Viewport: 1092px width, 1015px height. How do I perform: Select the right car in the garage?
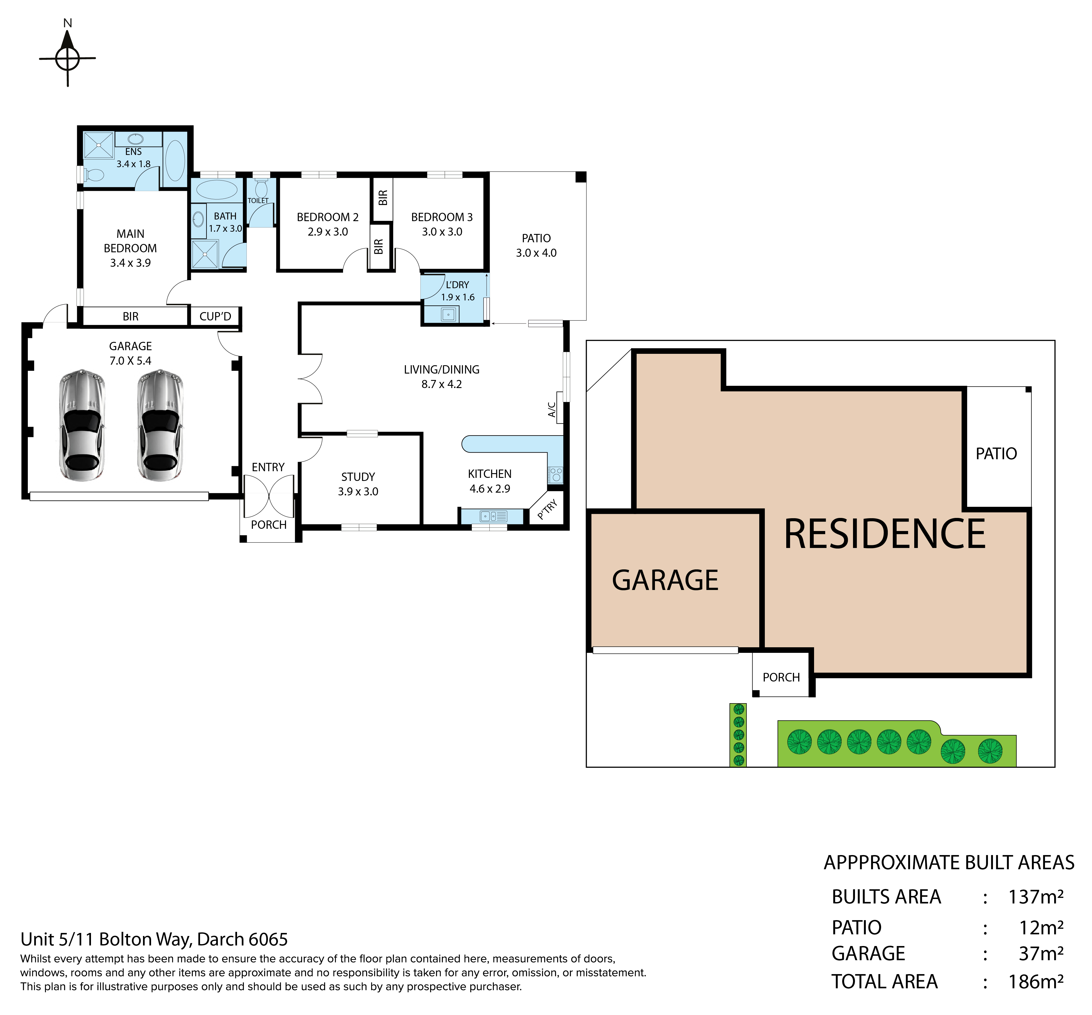click(x=160, y=425)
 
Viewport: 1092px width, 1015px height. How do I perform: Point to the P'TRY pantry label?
click(x=548, y=509)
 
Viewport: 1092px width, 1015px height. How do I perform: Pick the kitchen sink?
click(x=492, y=516)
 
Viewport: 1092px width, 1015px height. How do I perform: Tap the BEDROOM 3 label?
click(x=442, y=217)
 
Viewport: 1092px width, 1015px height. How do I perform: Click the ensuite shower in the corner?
click(x=98, y=145)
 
